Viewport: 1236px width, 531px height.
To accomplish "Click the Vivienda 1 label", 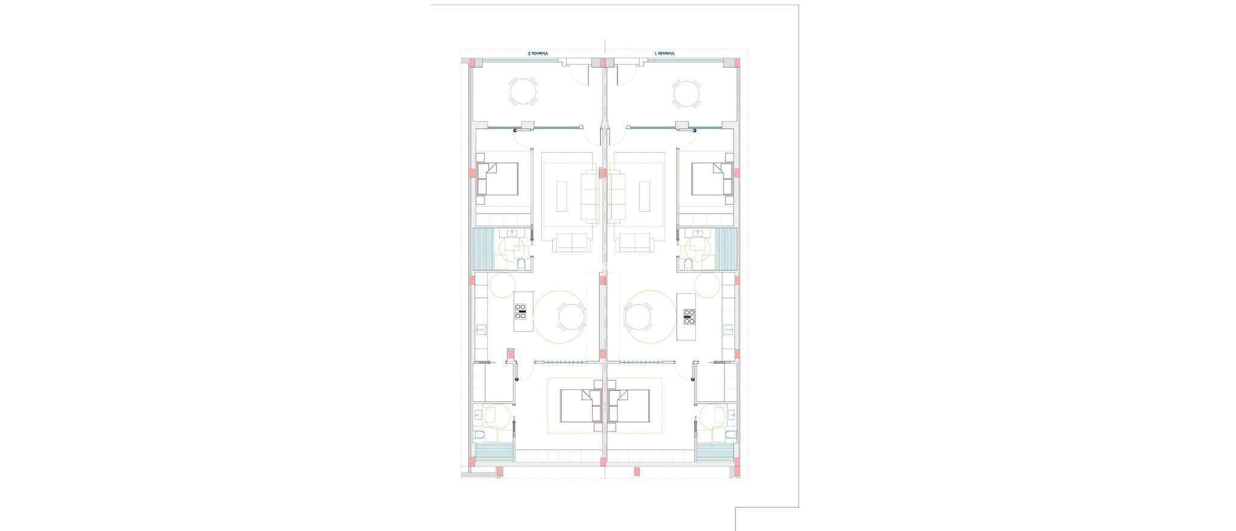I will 665,54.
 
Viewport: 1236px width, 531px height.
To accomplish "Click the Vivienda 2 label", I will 539,54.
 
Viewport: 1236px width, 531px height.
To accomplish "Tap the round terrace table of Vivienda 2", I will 523,92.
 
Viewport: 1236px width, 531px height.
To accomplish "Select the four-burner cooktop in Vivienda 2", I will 520,311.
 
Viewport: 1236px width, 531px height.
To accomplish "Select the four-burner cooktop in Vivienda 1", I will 689,316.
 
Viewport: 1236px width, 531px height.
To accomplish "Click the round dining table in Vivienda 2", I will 571,316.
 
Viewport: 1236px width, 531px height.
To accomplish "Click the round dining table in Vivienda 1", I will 638,316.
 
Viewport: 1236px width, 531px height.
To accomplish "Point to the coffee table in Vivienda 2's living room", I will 561,197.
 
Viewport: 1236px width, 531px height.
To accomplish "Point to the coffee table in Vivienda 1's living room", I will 645,197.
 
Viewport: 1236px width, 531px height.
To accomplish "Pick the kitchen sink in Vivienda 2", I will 482,329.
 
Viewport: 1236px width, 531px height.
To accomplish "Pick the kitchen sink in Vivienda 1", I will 728,329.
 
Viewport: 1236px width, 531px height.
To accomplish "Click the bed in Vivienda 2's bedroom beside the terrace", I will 499,179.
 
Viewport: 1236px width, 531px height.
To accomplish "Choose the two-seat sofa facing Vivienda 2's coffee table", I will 572,242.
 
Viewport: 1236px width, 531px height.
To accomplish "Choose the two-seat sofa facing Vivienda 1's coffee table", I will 634,242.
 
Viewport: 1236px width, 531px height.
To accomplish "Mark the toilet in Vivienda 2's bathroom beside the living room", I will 522,264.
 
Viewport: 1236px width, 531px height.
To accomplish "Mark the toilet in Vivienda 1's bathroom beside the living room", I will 688,264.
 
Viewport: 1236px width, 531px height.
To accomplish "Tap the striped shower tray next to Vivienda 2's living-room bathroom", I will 483,249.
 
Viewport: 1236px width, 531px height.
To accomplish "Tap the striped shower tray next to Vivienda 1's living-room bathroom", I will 727,249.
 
